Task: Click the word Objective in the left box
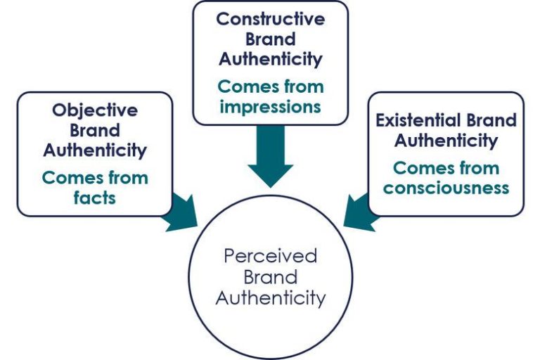pyautogui.click(x=95, y=110)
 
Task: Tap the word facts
pyautogui.click(x=95, y=198)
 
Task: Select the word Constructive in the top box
pyautogui.click(x=271, y=19)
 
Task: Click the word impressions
pyautogui.click(x=270, y=107)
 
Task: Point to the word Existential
pyautogui.click(x=416, y=120)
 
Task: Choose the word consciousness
pyautogui.click(x=446, y=188)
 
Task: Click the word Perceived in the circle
pyautogui.click(x=271, y=255)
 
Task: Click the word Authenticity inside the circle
pyautogui.click(x=271, y=298)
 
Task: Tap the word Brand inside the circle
pyautogui.click(x=271, y=276)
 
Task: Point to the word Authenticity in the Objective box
pyautogui.click(x=95, y=150)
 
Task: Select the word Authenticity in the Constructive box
pyautogui.click(x=271, y=60)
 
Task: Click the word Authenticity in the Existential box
pyautogui.click(x=446, y=141)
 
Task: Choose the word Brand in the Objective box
pyautogui.click(x=95, y=130)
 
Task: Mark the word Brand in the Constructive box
pyautogui.click(x=271, y=39)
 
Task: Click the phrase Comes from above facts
pyautogui.click(x=95, y=178)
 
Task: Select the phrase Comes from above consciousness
pyautogui.click(x=446, y=169)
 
